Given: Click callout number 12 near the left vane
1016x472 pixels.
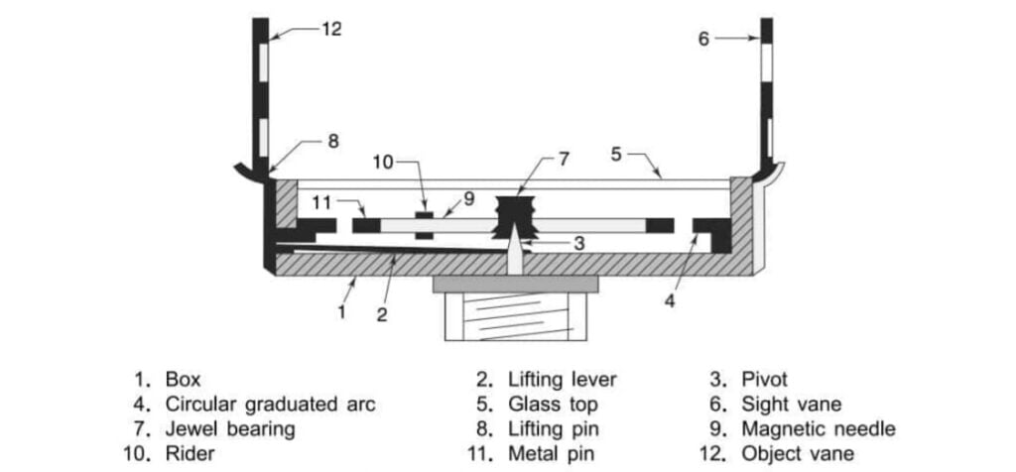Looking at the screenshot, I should click(x=331, y=30).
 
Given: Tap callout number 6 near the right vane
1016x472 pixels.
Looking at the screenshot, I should click(x=703, y=39).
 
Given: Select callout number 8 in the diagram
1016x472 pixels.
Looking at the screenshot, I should click(x=333, y=141).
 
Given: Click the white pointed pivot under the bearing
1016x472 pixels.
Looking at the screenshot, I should click(x=514, y=253).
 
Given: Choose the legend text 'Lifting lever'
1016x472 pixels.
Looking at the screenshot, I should click(x=563, y=379).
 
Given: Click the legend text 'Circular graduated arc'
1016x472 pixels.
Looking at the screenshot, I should click(x=271, y=404).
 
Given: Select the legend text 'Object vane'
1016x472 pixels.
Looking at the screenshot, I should click(x=798, y=453).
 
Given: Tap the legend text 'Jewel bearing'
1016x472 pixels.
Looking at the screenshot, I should click(x=230, y=428).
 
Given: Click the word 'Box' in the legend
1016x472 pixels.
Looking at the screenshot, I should click(x=183, y=379).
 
